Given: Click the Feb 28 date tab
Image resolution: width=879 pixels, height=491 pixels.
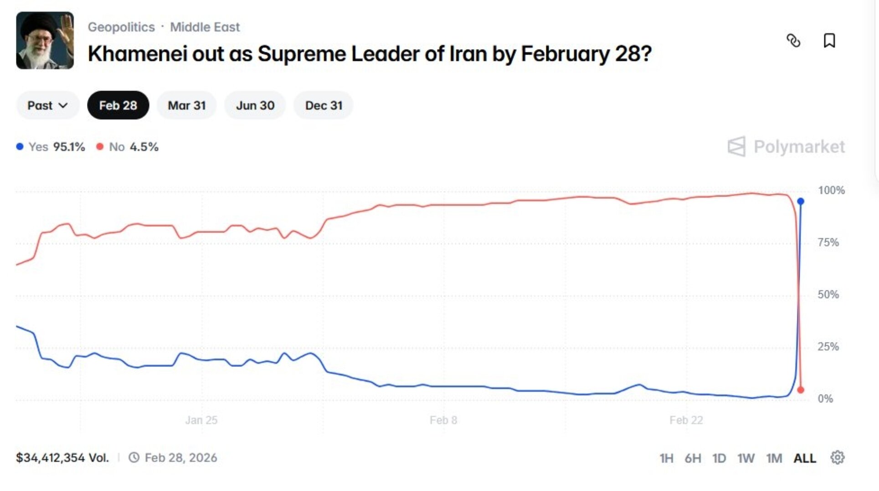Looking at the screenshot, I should (118, 105).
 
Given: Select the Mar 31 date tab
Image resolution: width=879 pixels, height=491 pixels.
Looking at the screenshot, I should (186, 105).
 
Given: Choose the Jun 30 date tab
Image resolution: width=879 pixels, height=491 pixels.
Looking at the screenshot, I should (255, 105).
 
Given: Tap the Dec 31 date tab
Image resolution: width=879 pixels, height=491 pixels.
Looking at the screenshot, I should (324, 105).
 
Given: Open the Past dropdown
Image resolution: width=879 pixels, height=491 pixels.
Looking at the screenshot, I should (47, 105).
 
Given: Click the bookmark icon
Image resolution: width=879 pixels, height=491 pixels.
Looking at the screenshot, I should (829, 40).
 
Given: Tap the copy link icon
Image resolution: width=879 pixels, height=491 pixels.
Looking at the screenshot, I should (793, 40).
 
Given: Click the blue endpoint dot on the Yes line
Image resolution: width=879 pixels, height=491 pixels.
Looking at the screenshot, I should (801, 201).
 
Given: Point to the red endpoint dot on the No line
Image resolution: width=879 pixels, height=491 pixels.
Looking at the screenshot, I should (801, 390).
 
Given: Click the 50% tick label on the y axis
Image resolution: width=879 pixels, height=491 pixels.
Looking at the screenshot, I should (828, 294).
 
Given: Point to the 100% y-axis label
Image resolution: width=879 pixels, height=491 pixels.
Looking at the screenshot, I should (831, 190).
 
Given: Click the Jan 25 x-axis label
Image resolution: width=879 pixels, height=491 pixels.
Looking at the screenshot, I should (201, 420).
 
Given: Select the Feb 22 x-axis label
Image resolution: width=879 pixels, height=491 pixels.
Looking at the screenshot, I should (686, 420).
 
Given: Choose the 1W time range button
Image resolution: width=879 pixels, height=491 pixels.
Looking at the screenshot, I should (746, 458).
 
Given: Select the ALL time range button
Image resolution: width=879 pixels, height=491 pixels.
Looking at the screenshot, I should (805, 458).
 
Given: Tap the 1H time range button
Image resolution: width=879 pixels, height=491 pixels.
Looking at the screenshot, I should (666, 458).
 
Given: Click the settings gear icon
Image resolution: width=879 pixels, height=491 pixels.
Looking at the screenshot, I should (838, 457).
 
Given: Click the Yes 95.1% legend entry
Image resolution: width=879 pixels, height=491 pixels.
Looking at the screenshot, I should (51, 147).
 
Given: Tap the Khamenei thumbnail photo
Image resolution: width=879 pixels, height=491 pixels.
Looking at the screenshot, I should (45, 40).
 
